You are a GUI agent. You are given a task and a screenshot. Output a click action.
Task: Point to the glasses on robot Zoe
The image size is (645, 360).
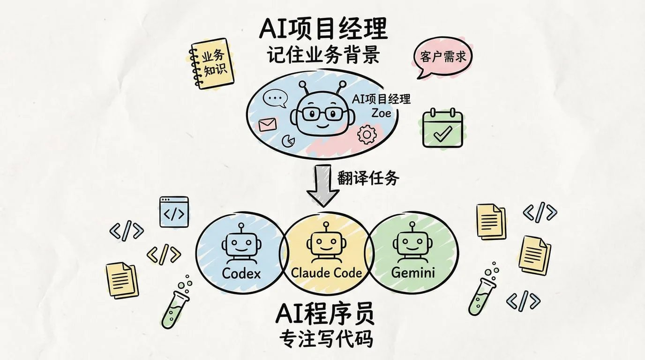(x=318, y=113)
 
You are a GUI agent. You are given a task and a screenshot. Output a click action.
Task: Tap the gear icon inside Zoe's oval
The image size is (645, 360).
(x=366, y=134)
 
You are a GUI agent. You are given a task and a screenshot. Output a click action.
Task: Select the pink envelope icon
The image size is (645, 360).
(x=268, y=124)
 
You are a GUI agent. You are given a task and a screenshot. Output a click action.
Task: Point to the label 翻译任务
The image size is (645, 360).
(x=361, y=178)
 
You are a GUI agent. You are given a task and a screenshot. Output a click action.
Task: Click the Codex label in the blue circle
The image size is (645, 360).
(x=241, y=273)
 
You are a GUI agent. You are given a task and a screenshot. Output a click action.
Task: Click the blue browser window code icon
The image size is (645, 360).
(x=174, y=211)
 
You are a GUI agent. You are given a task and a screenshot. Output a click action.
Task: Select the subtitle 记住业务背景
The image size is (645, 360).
(x=323, y=55)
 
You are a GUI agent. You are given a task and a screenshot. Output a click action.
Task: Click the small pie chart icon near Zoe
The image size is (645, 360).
(x=288, y=140)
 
